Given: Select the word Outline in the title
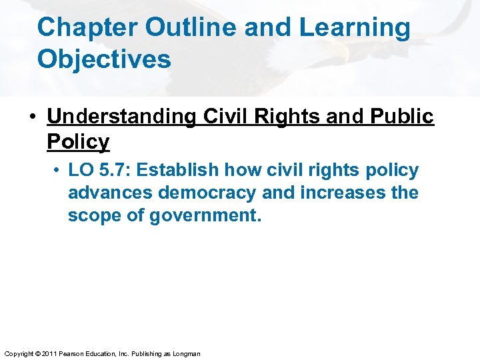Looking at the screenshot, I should (x=185, y=28).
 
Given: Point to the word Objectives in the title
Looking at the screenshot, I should (x=104, y=59).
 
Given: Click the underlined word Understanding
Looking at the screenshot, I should (x=121, y=117).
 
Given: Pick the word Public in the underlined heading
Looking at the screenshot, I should (x=399, y=117).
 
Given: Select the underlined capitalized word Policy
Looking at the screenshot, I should (x=78, y=141).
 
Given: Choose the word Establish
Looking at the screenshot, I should (x=176, y=170).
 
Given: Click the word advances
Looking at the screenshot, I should (x=111, y=193).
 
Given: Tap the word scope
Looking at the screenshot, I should (x=93, y=216).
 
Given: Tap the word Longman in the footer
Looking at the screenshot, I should (x=186, y=353).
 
